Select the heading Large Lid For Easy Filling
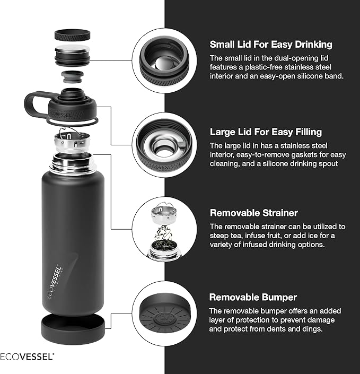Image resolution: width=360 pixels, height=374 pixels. click(x=266, y=132)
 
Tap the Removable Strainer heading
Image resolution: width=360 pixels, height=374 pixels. click(x=254, y=213)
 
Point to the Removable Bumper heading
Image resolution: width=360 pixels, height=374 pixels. click(x=253, y=297)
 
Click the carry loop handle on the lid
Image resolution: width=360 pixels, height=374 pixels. click(x=36, y=102)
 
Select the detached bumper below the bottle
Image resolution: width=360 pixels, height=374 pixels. click(x=73, y=327)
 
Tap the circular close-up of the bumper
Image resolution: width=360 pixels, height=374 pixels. click(x=164, y=313)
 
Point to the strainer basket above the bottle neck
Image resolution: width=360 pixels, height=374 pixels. click(x=73, y=142)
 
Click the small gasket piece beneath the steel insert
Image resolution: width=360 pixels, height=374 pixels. click(x=73, y=76)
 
